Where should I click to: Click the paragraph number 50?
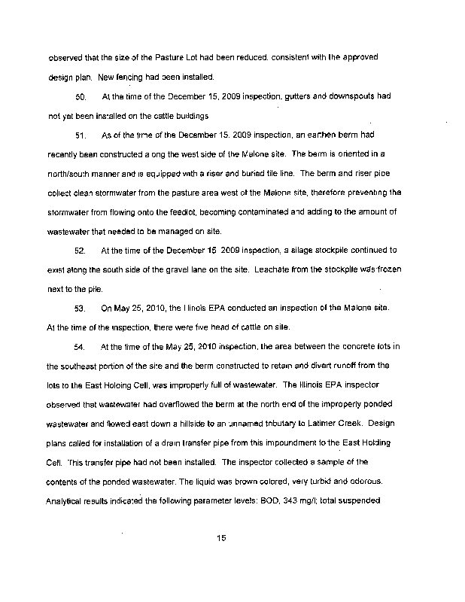[x=82, y=97]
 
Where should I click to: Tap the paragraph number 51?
[x=82, y=135]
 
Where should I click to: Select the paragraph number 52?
[x=82, y=249]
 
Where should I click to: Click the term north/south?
[x=72, y=174]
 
